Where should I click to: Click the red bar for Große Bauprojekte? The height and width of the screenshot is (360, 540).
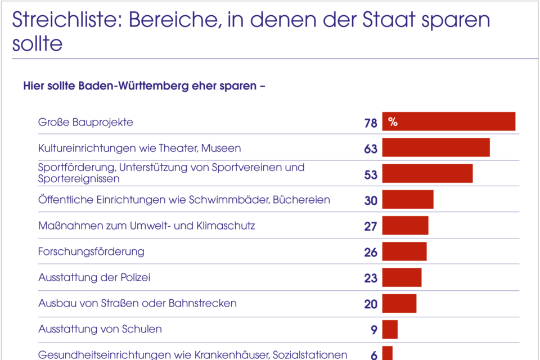448,121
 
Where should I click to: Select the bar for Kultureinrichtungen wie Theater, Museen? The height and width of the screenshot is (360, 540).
435,147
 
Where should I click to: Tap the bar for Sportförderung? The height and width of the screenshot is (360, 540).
427,173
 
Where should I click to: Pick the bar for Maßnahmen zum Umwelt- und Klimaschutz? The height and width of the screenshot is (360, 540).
405,225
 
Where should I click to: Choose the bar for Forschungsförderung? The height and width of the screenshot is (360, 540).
404,251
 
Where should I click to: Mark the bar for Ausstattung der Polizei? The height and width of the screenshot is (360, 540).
402,277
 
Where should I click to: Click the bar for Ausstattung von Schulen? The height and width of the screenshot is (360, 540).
389,329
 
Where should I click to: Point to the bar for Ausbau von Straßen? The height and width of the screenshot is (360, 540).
399,303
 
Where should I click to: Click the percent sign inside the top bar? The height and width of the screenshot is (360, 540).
393,122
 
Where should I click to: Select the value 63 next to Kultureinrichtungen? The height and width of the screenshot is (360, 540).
371,149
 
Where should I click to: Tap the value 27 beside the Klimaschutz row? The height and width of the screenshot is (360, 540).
371,226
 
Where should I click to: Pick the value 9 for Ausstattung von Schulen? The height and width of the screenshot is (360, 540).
374,330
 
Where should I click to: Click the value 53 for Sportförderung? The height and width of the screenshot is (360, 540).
371,175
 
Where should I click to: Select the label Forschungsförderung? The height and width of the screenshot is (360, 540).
91,251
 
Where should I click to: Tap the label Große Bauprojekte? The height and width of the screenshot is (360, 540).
85,122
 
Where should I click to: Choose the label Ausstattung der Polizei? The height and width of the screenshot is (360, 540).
94,277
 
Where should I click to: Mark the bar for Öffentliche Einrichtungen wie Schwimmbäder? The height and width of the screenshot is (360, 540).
407,199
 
